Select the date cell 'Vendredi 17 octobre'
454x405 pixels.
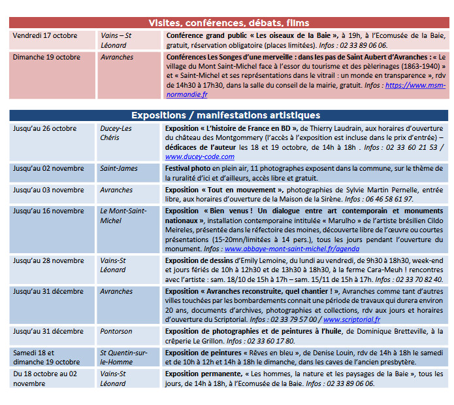[45, 35]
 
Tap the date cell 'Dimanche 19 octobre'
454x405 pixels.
[46, 57]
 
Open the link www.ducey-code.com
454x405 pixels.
[200, 156]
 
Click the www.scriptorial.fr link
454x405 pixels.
[351, 319]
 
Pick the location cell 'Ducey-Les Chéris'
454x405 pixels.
[116, 133]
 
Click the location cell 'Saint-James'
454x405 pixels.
[119, 168]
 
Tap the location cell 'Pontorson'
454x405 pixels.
[116, 331]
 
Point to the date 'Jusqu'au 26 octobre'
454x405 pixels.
[45, 128]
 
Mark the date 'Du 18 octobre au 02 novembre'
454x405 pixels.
[45, 378]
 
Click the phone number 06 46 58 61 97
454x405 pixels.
[388, 199]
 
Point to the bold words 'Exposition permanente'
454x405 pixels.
[203, 374]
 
